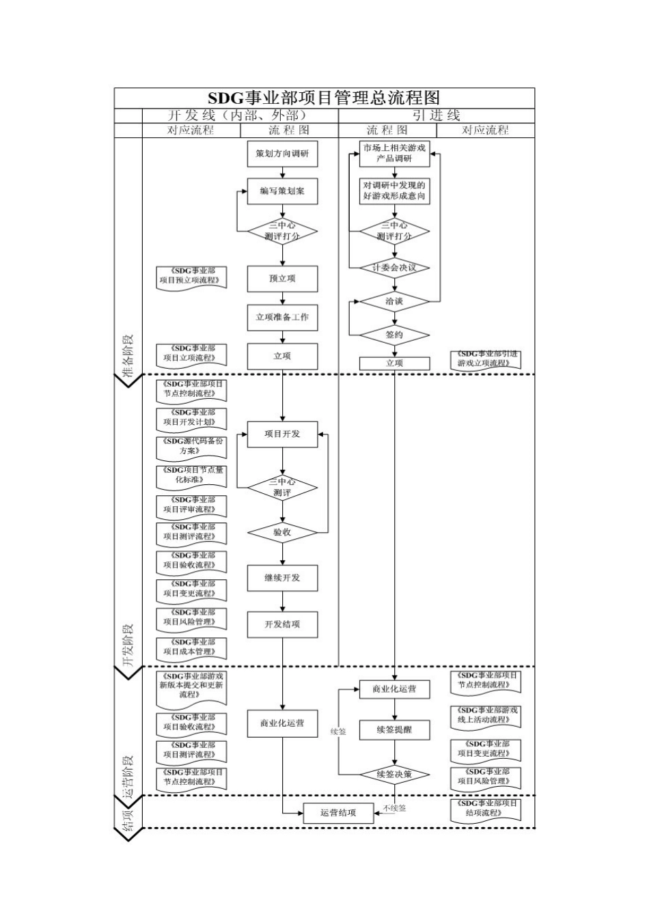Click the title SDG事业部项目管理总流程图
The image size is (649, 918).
coord(324,98)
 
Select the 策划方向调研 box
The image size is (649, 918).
coord(282,154)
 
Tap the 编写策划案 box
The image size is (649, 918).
coord(282,191)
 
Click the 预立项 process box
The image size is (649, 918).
coord(282,279)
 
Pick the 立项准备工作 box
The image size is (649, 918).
coord(282,317)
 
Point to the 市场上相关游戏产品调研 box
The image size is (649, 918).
coord(394,154)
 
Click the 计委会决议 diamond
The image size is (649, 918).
coord(394,268)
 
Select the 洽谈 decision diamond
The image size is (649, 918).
coord(394,302)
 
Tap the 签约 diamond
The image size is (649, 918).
coord(394,335)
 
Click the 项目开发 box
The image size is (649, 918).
coord(282,434)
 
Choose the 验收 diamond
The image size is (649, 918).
coord(282,532)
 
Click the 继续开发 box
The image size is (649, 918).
coord(282,578)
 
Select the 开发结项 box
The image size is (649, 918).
coord(282,624)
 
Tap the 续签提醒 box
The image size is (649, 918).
coord(394,730)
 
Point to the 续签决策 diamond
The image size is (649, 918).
coord(394,775)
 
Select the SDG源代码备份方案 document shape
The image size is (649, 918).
coord(191,448)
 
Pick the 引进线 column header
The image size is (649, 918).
coord(437,115)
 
